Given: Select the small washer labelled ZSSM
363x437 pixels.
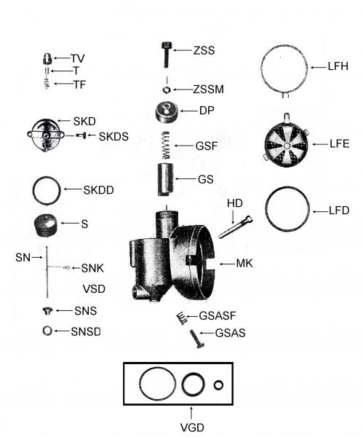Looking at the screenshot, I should point(167,90).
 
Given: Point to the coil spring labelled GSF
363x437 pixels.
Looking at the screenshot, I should point(167,143).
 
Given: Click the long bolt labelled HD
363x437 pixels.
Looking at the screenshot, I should point(234,227).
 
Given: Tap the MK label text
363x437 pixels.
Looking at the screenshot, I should point(244,263).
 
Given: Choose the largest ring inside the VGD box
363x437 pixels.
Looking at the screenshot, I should point(156,384).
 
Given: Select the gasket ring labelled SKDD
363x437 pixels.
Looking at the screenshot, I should point(48,191).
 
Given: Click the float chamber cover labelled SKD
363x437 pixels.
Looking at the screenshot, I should point(47,135).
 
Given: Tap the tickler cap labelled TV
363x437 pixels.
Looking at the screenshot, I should point(47,58).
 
